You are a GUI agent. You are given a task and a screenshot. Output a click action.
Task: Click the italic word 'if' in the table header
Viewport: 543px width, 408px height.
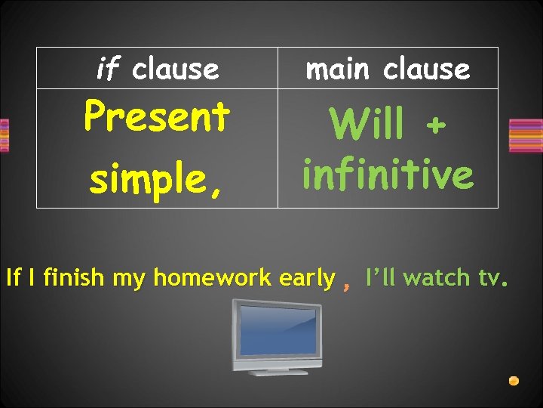pyautogui.click(x=109, y=69)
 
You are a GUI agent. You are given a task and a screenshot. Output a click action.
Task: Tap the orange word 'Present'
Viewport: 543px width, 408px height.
pyautogui.click(x=156, y=117)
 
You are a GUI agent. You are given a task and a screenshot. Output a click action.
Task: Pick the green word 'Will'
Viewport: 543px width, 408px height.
pyautogui.click(x=367, y=125)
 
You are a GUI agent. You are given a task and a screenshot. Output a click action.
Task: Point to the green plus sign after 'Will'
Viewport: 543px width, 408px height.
pyautogui.click(x=434, y=125)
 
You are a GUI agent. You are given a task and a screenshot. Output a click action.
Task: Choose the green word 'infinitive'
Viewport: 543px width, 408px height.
pyautogui.click(x=388, y=175)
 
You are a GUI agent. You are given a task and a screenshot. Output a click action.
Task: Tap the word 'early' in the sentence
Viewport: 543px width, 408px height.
pyautogui.click(x=306, y=279)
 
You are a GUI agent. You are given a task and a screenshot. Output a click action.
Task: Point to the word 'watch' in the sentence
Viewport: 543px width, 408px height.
pyautogui.click(x=437, y=278)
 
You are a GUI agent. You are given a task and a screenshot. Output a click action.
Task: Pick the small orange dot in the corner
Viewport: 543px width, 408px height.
pyautogui.click(x=514, y=381)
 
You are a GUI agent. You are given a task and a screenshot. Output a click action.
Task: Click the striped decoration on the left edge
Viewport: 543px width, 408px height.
pyautogui.click(x=4, y=135)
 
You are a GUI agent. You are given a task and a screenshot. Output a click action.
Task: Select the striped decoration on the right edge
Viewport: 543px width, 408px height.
pyautogui.click(x=526, y=136)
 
